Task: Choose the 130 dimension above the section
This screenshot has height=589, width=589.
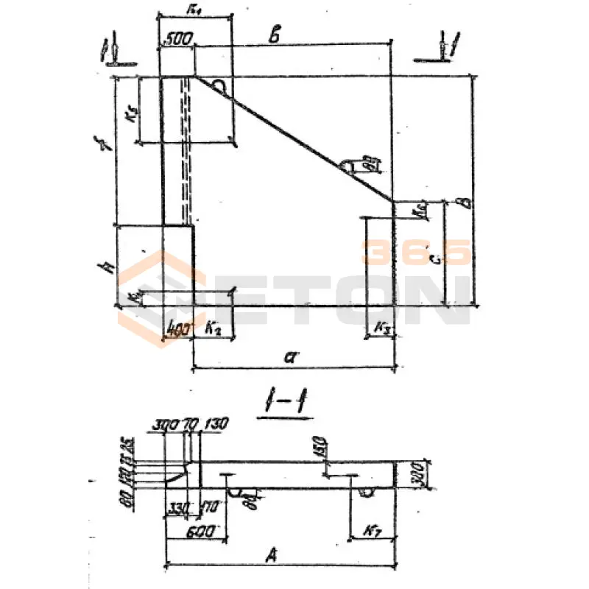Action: (217, 423)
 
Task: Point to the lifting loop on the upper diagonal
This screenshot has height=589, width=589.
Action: (219, 87)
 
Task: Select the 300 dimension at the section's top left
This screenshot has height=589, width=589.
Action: (166, 424)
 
